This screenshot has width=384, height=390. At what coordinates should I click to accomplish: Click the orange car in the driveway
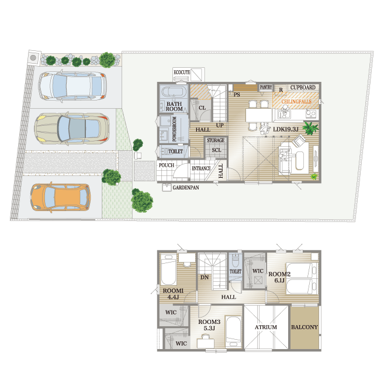click(x=60, y=198)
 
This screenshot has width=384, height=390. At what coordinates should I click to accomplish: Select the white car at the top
click(x=72, y=86)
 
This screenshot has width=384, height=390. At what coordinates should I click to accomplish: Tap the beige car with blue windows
click(x=72, y=129)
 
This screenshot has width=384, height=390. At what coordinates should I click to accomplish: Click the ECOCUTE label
click(x=182, y=73)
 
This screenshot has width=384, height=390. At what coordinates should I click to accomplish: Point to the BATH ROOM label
click(x=174, y=106)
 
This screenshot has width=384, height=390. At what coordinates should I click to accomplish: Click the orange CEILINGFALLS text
click(x=296, y=102)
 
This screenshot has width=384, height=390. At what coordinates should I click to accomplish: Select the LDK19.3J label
click(x=286, y=129)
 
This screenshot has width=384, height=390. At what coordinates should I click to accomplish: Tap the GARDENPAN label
click(x=186, y=188)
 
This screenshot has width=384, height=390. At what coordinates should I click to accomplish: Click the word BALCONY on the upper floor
click(x=305, y=327)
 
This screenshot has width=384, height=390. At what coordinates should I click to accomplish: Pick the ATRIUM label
click(x=266, y=327)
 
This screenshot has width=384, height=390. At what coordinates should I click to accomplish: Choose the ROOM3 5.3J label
click(x=209, y=325)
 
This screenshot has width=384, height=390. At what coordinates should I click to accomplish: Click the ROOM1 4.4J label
click(x=173, y=294)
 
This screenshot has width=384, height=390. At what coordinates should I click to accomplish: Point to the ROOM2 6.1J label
click(x=279, y=277)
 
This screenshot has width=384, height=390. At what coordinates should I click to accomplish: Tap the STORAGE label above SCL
click(x=216, y=140)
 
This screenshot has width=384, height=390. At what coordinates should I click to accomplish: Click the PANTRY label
click(x=266, y=87)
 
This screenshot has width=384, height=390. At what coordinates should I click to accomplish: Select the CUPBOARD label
click(x=303, y=88)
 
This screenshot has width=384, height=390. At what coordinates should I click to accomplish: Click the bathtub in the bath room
click(x=174, y=92)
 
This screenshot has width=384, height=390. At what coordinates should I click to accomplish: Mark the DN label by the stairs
click(x=205, y=277)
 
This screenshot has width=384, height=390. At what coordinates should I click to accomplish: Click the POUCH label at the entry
click(x=167, y=165)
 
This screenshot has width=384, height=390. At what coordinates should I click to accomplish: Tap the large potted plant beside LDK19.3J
click(x=310, y=128)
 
